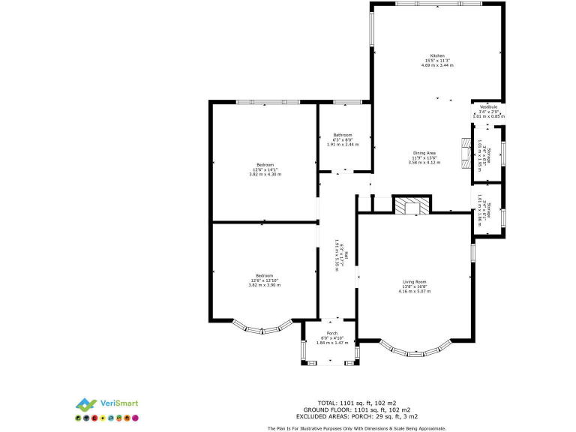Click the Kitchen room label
[437, 55]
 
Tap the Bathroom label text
[343, 135]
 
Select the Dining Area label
[424, 152]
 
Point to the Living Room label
[414, 281]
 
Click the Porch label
[331, 333]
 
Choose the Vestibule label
[488, 107]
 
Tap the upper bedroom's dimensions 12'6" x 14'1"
[265, 169]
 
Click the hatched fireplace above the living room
[412, 205]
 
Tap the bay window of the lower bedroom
[262, 327]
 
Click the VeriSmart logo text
[121, 403]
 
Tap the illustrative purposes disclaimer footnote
[356, 428]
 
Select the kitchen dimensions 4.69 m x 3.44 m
[437, 66]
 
